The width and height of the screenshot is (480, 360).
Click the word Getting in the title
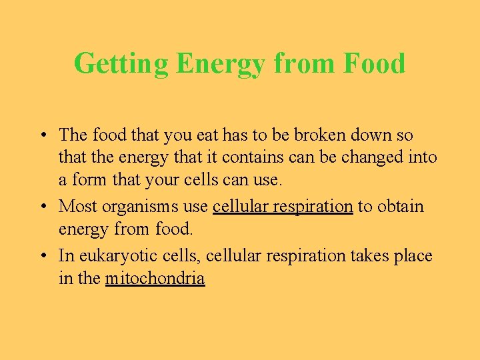click(x=121, y=64)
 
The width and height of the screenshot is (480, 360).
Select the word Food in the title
click(x=374, y=64)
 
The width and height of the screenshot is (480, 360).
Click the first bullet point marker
click(x=42, y=135)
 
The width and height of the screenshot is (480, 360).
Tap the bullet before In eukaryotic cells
click(x=42, y=256)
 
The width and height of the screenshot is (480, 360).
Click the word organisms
click(x=139, y=207)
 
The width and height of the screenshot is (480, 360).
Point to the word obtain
click(x=401, y=207)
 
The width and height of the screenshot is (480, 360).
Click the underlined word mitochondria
click(x=155, y=278)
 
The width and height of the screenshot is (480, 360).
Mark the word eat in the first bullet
click(x=207, y=135)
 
